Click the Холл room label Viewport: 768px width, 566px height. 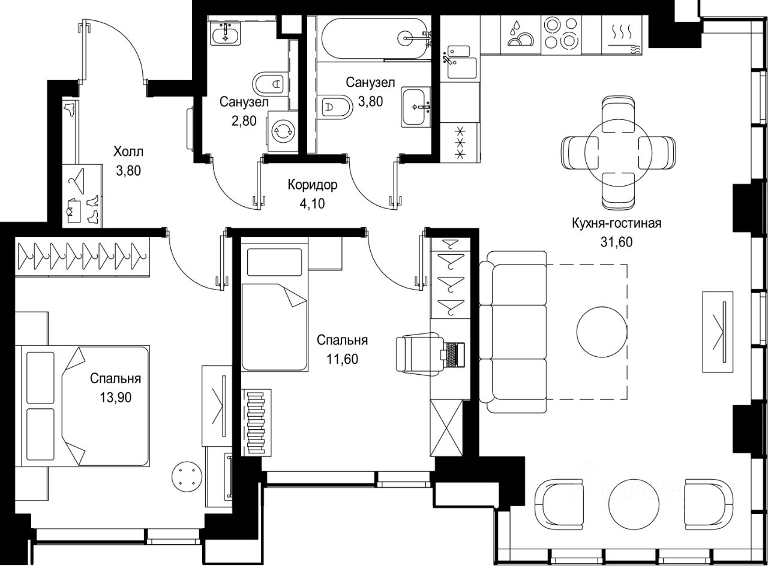(128, 152)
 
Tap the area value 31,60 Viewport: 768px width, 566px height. (616, 242)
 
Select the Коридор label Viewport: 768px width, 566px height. (313, 185)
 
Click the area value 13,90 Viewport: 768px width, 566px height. (116, 398)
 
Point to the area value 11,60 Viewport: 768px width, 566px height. (342, 359)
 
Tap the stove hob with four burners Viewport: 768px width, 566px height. (561, 33)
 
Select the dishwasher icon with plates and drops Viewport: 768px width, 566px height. (521, 34)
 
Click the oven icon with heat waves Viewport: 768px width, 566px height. (622, 37)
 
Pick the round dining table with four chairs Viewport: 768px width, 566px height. (619, 152)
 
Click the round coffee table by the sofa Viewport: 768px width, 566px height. (602, 332)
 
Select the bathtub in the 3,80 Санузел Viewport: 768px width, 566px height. (375, 38)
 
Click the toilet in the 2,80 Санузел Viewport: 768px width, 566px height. (270, 83)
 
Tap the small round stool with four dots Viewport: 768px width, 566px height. (187, 476)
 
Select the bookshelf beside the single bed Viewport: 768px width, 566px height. (256, 423)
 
